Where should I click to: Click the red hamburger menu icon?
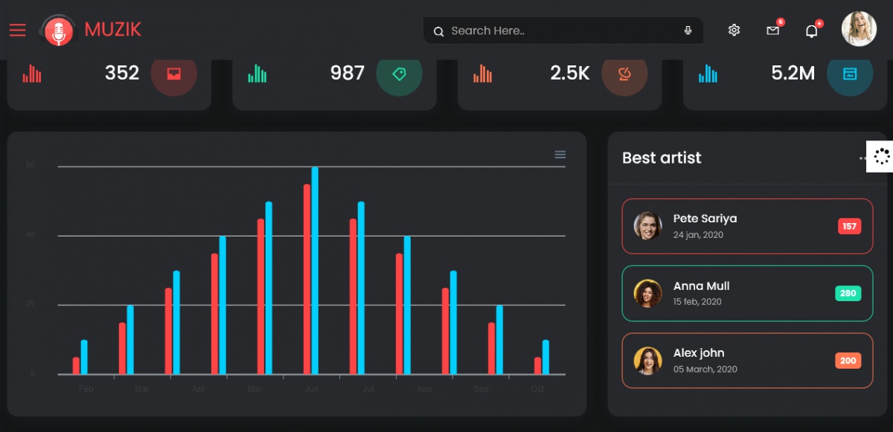[17, 30]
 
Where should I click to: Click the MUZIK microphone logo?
[58, 30]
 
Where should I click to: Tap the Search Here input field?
[558, 30]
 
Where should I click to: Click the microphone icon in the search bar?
[688, 30]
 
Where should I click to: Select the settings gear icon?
[734, 30]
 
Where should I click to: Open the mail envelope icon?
[772, 30]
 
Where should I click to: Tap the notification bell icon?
[811, 31]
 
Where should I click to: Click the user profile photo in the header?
[859, 29]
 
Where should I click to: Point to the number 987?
[347, 73]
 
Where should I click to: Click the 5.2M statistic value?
[793, 73]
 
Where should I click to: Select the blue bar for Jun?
[315, 271]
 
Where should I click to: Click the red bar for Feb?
[76, 366]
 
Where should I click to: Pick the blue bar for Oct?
[545, 357]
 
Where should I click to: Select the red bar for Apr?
[214, 314]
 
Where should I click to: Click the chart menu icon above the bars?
[560, 155]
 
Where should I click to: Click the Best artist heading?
[662, 158]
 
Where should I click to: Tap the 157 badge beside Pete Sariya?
[849, 226]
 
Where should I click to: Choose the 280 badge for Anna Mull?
[848, 293]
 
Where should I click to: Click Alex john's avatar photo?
[647, 361]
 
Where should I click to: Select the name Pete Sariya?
[705, 219]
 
